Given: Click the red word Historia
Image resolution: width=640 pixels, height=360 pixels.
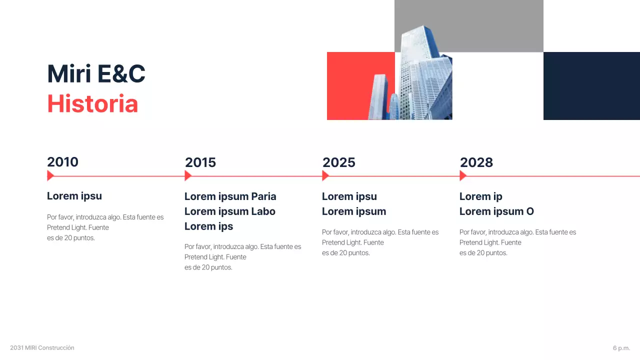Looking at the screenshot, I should coord(92,104).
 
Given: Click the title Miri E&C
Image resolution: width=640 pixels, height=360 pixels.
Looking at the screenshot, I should coord(96,74).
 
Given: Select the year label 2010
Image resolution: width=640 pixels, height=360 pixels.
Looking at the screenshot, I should coord(62,162).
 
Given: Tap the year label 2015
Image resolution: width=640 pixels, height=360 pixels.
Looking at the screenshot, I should coord(200,162).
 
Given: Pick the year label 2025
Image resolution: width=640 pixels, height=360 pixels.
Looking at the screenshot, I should coord(338,162).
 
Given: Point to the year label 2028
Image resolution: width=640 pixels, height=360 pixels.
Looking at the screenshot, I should coord(476,162).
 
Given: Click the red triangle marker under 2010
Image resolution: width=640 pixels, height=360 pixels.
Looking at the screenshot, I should coord(50,175).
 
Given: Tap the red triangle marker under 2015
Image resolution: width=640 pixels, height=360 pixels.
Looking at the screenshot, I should coord(187,175).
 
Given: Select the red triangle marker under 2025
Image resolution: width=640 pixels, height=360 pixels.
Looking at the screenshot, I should coord(325,175).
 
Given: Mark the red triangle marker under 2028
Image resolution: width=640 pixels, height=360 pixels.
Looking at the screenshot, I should coord(462,175).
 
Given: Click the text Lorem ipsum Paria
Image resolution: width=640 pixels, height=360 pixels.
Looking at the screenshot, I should coord(230,196).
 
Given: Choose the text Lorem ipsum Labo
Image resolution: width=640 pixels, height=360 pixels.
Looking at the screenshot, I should coord(229,211).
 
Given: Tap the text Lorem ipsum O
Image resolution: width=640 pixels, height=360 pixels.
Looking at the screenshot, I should coord(496,211).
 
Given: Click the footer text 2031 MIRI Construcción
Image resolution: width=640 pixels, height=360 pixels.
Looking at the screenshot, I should coord(42,348).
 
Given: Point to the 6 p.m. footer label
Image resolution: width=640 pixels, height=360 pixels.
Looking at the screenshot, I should coord(621,348).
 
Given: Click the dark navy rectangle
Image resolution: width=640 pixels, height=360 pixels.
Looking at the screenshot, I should coord(591,86).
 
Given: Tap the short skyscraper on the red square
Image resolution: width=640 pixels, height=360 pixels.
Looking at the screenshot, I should coord(378,97).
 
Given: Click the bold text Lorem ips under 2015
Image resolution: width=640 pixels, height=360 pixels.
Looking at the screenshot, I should coord(208,226).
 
